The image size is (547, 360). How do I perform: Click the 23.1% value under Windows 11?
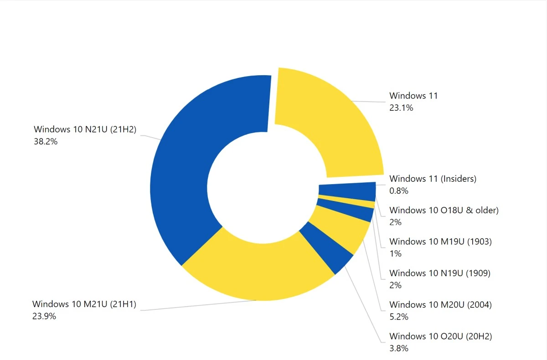click(x=401, y=108)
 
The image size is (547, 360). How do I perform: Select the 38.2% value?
click(x=46, y=141)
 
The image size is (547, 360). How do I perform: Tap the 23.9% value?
click(x=44, y=316)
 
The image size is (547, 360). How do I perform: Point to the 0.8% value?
click(x=399, y=191)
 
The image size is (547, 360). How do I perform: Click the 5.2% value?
click(x=399, y=317)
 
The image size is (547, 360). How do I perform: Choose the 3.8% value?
click(x=399, y=349)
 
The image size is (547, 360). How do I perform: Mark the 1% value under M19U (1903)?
click(x=395, y=254)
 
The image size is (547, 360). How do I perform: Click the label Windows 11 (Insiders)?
click(x=433, y=179)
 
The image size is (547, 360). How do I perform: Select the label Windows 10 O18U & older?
click(x=444, y=210)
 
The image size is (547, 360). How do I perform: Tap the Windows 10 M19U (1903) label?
click(x=440, y=242)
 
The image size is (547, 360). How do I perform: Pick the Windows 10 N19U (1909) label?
click(x=440, y=273)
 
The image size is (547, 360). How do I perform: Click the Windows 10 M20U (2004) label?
click(x=440, y=304)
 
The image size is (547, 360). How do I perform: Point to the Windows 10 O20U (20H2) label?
click(x=441, y=336)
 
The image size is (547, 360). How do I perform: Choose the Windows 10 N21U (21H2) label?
click(x=85, y=129)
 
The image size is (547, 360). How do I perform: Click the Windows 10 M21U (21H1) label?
click(x=84, y=303)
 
